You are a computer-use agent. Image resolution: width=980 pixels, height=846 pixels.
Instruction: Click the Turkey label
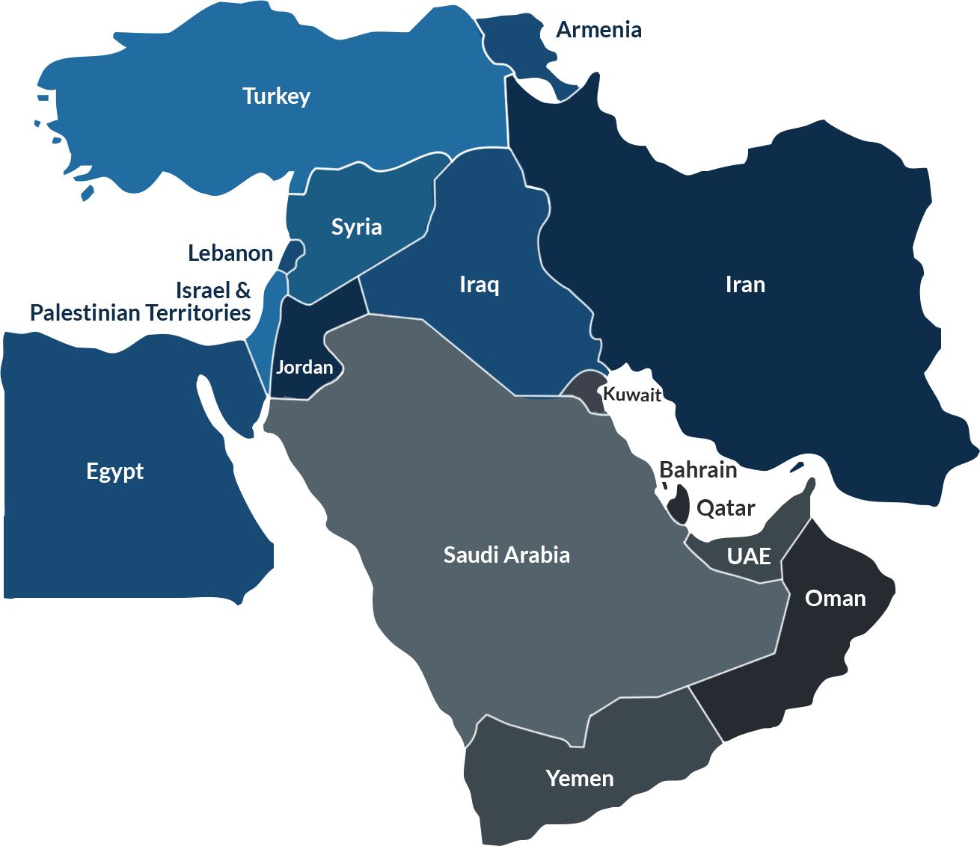(276, 96)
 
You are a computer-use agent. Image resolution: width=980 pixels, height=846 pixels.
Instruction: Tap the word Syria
(356, 226)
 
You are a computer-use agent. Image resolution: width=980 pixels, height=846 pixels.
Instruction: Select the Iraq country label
(479, 284)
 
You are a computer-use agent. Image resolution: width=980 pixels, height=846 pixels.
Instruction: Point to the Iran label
(745, 285)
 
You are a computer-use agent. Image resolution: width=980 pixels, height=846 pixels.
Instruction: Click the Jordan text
(304, 367)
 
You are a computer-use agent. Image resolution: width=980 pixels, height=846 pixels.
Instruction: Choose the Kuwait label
(632, 395)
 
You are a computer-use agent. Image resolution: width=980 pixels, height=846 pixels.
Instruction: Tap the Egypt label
(114, 472)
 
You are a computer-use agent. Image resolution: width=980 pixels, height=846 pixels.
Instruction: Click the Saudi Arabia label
(506, 555)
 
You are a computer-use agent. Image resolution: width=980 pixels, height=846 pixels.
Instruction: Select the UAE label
(749, 556)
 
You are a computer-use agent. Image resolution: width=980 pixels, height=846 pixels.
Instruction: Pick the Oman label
(835, 599)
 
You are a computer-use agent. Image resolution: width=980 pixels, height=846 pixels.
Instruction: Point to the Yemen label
(580, 779)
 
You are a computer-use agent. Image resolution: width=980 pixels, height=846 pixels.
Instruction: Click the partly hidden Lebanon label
(230, 253)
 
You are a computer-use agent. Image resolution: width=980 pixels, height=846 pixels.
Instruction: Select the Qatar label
(724, 509)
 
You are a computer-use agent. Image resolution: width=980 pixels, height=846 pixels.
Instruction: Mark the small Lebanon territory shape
(290, 256)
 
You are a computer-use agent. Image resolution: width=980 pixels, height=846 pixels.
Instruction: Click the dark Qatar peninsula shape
(679, 505)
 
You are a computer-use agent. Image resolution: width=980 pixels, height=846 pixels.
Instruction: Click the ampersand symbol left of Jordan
(244, 290)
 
